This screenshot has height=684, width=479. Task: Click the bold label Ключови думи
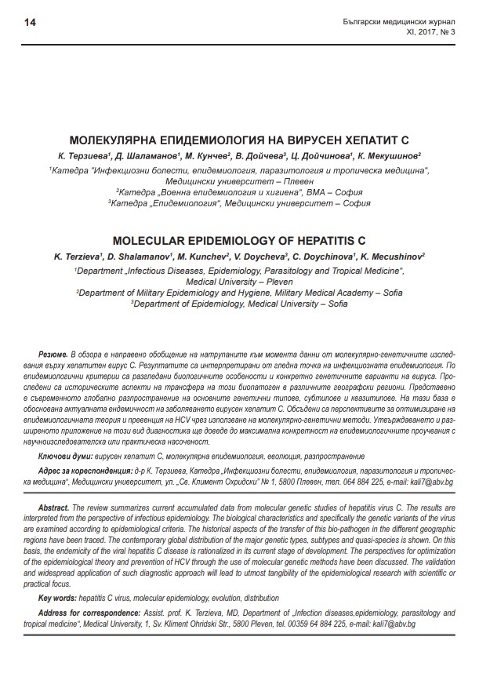tap(65, 456)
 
